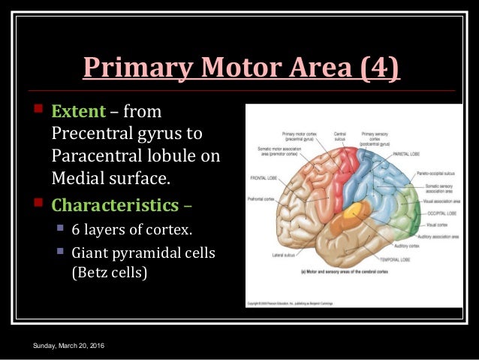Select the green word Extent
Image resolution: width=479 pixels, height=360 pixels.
pyautogui.click(x=77, y=113)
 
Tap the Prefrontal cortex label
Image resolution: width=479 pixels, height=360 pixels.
pyautogui.click(x=262, y=199)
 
